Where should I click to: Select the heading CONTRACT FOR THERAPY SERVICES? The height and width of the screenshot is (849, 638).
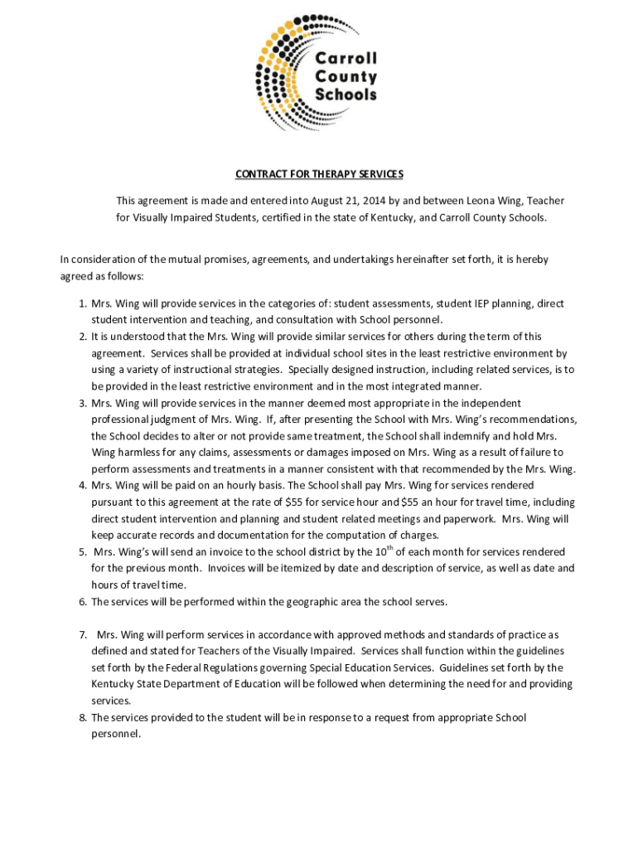click(319, 174)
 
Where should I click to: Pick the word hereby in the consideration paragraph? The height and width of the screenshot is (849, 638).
click(530, 260)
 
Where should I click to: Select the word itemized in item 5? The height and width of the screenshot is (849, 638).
click(282, 569)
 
